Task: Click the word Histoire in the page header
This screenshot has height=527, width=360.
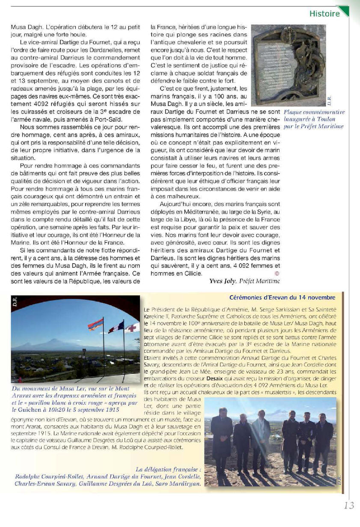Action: point(324,14)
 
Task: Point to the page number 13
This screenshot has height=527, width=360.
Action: point(348,506)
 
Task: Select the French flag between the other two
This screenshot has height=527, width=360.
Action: point(116,328)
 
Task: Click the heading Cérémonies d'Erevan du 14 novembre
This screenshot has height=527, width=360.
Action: point(282,298)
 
